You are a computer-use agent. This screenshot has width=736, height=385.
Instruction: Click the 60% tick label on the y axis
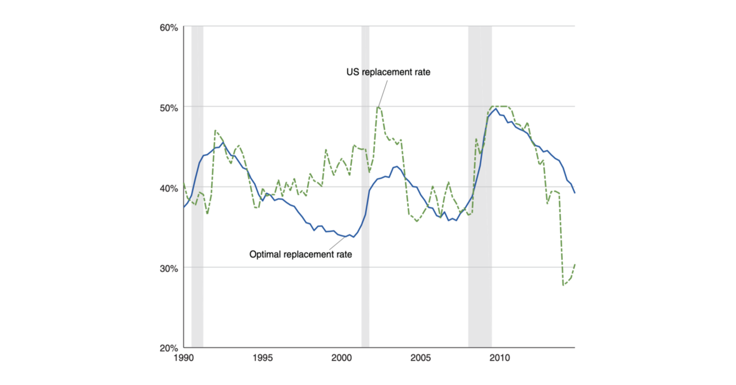click(x=169, y=27)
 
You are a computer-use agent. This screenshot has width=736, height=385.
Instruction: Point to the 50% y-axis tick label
click(x=169, y=107)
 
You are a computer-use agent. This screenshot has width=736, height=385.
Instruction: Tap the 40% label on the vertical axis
click(x=169, y=188)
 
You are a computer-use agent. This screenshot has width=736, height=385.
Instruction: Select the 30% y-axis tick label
click(x=169, y=268)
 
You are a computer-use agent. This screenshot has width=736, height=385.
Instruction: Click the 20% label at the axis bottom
click(x=169, y=348)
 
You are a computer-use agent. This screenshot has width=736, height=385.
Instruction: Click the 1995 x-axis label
click(x=262, y=358)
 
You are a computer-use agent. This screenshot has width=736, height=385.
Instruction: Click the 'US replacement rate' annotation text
click(x=388, y=72)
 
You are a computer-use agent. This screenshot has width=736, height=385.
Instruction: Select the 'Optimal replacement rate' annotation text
click(x=301, y=254)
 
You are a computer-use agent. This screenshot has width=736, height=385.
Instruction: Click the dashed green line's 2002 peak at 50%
click(x=378, y=106)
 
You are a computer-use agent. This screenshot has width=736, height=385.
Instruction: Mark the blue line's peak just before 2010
click(x=496, y=109)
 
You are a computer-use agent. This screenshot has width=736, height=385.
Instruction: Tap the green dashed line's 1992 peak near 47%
click(x=215, y=130)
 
